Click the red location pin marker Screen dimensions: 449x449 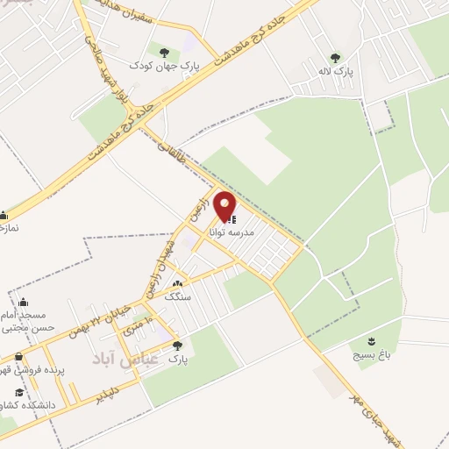click(225, 207)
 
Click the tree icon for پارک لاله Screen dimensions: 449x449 click(336, 59)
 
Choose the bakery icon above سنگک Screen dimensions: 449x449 click(178, 284)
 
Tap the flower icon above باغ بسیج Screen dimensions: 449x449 click(373, 340)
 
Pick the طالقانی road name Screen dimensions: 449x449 click(169, 157)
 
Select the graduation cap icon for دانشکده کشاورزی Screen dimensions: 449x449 click(19, 392)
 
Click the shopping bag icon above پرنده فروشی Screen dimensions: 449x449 click(19, 357)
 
